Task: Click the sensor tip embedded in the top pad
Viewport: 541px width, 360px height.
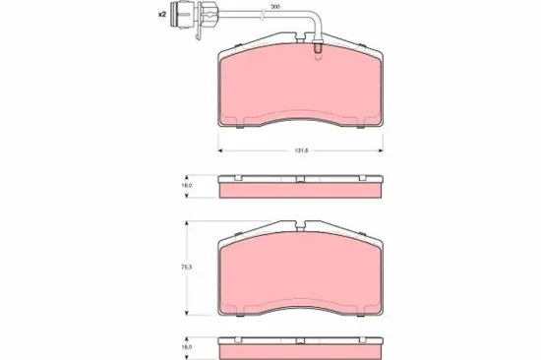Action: [x=320, y=49]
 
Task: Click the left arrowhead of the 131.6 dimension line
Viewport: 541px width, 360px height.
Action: [x=218, y=150]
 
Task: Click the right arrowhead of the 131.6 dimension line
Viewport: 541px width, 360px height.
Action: [x=384, y=150]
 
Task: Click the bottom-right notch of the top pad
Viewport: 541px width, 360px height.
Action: [x=359, y=125]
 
